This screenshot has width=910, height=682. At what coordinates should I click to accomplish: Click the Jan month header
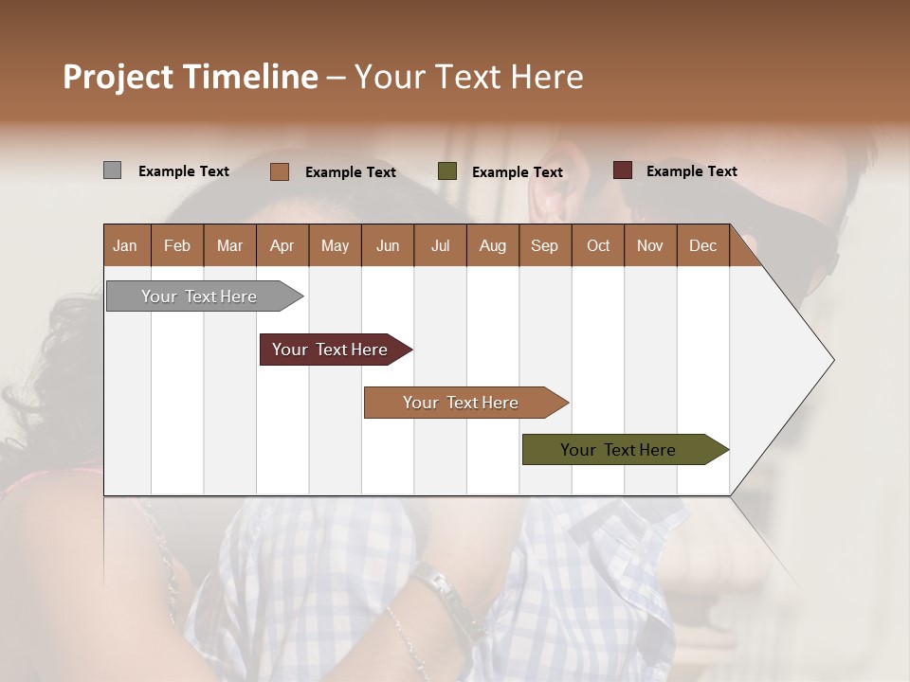point(125,245)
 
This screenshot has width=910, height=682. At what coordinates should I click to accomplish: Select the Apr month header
point(282,245)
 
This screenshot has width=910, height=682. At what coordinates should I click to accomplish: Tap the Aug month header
point(492,245)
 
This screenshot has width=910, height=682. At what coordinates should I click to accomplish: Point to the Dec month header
point(702,245)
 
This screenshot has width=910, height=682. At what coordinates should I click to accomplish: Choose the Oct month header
point(597,245)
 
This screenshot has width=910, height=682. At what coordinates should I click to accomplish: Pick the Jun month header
point(387,245)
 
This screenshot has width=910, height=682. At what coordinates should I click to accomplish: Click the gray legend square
point(112,170)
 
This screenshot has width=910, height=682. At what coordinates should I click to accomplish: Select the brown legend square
point(279,171)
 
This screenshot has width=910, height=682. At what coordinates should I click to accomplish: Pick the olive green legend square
point(446,171)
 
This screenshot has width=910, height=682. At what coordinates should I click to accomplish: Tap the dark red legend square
point(622,170)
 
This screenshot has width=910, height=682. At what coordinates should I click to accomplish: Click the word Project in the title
point(118,77)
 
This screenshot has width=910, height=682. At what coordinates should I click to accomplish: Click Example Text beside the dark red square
point(691,171)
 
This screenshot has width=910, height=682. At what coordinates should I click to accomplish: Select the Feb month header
point(177,245)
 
